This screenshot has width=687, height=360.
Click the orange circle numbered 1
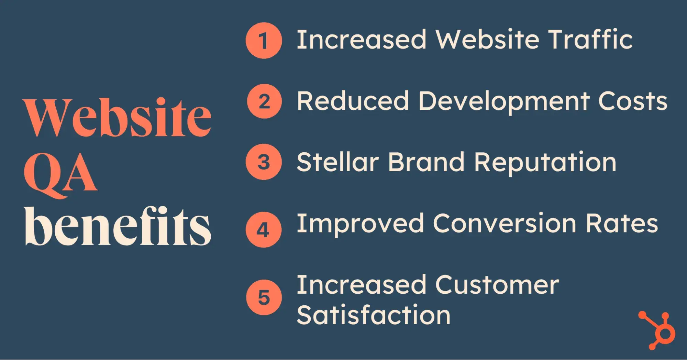point(264,41)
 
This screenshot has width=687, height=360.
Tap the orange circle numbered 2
point(264,101)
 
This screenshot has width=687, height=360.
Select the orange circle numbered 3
point(264,162)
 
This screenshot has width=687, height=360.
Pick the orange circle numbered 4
point(264,230)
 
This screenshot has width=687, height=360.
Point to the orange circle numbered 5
point(264,297)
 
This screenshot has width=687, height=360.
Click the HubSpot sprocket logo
point(657,330)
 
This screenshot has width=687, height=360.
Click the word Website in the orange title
point(117,117)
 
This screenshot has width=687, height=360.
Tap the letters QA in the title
point(60,175)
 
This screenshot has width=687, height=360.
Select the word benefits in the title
point(118,226)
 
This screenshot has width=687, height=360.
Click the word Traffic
point(590,39)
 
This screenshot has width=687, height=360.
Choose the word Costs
point(633,101)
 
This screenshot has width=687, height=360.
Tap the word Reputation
point(545,163)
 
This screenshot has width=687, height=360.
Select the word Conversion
point(505,223)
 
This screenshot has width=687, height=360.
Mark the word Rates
point(622,223)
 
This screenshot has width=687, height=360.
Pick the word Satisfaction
point(374,314)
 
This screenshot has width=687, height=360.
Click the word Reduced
point(353,101)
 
